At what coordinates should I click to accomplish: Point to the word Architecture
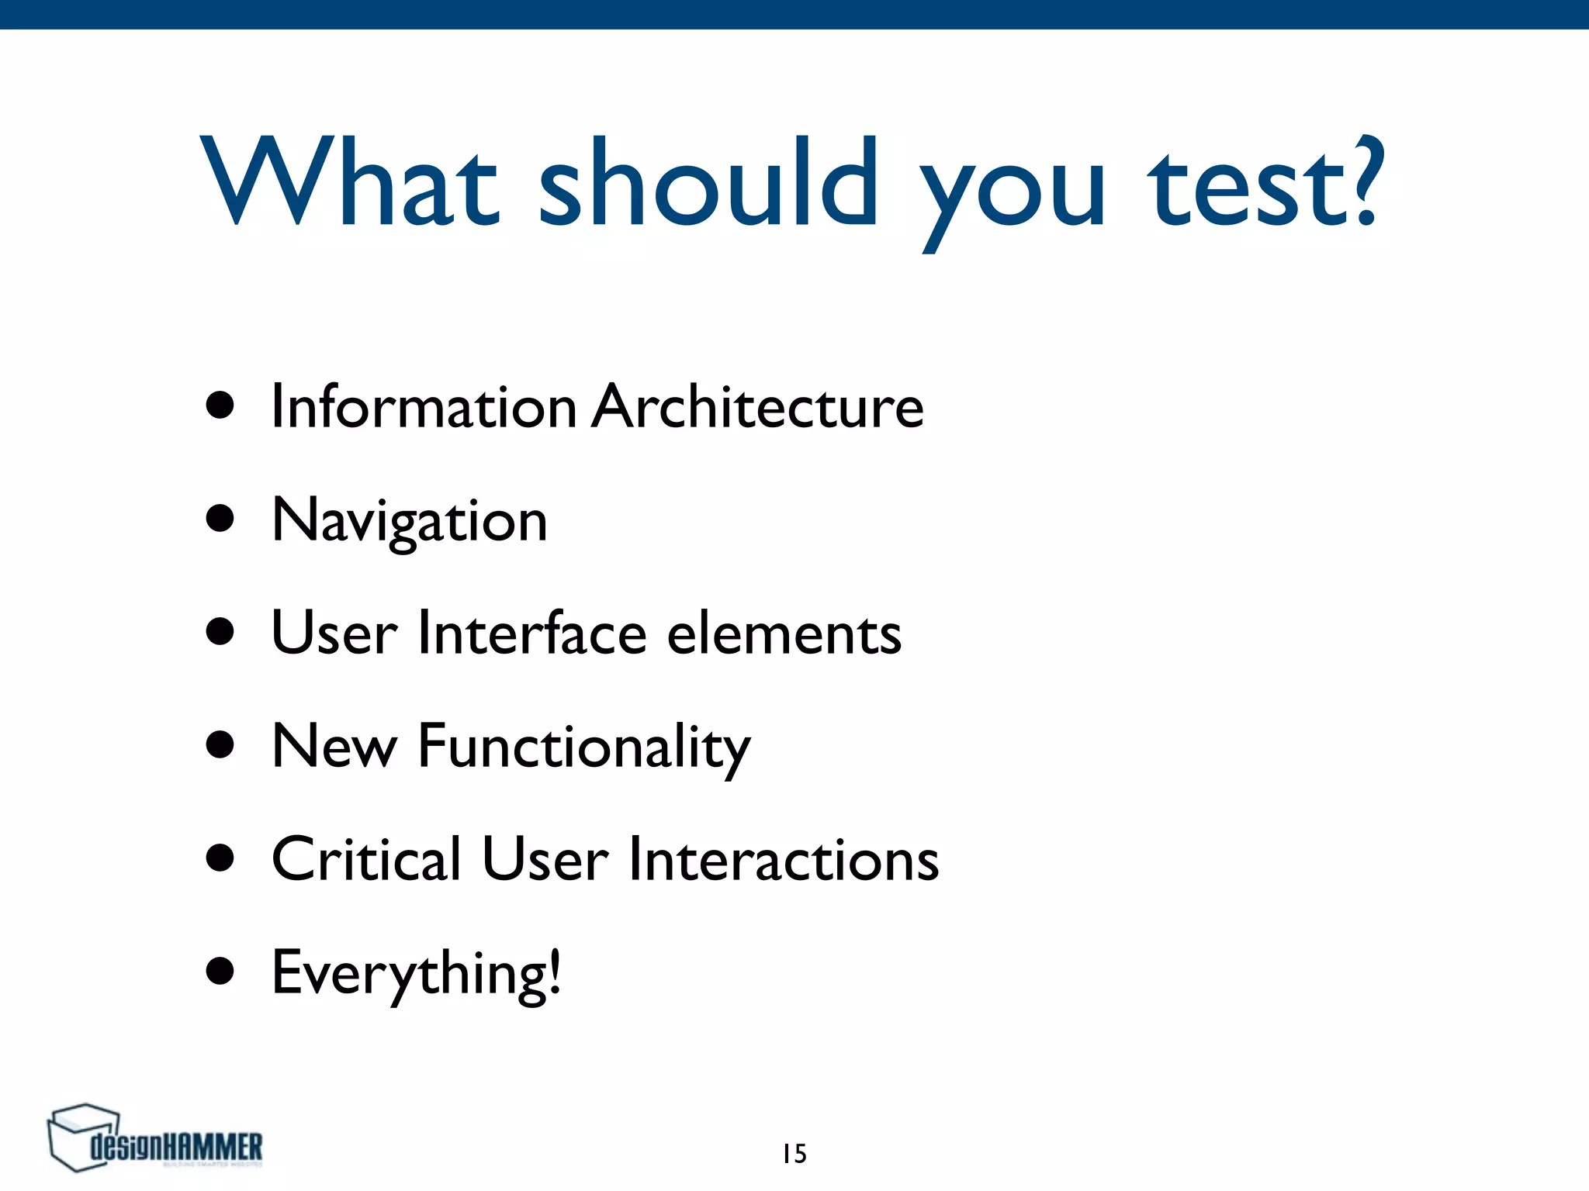click(758, 407)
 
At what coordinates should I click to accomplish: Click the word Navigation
click(410, 521)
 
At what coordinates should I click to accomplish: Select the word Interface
click(532, 633)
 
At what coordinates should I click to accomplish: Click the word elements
click(784, 633)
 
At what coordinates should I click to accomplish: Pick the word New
click(334, 746)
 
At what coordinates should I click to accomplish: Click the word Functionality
click(584, 747)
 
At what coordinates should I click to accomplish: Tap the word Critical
click(366, 859)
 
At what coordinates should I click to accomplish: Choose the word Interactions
click(784, 859)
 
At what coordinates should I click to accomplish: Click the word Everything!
click(416, 973)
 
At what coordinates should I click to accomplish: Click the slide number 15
click(794, 1154)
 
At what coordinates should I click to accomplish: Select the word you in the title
click(1013, 190)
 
